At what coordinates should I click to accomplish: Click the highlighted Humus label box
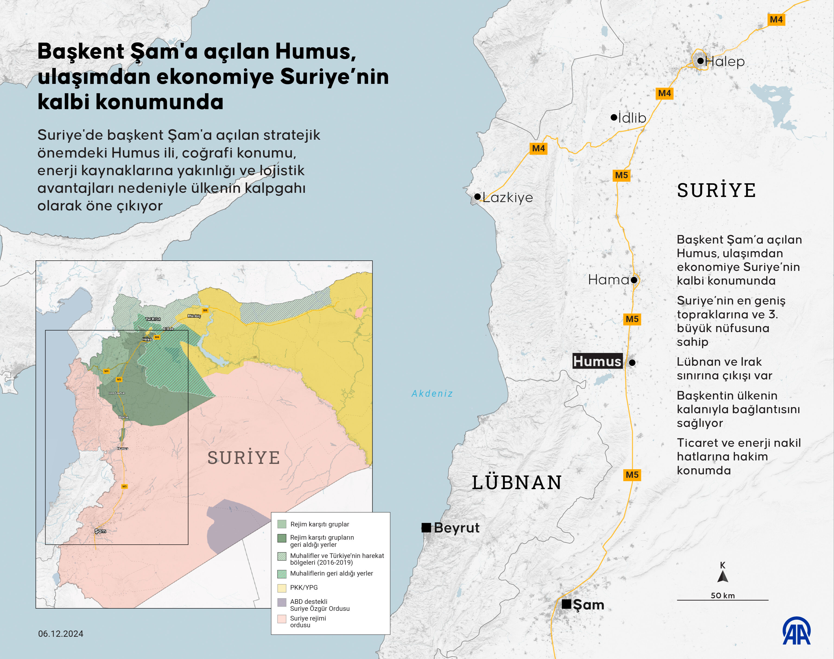[597, 361]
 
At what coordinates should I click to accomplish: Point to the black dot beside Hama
[634, 280]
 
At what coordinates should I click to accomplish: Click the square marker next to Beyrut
[426, 527]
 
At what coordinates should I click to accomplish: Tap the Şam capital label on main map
[588, 605]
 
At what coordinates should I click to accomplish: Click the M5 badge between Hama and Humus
[632, 319]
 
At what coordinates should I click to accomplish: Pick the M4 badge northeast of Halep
[776, 19]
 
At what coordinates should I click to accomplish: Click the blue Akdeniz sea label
[432, 393]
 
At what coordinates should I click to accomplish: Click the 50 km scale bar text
[723, 595]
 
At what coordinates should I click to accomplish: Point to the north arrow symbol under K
[723, 577]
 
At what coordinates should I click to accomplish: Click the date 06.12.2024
[60, 634]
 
